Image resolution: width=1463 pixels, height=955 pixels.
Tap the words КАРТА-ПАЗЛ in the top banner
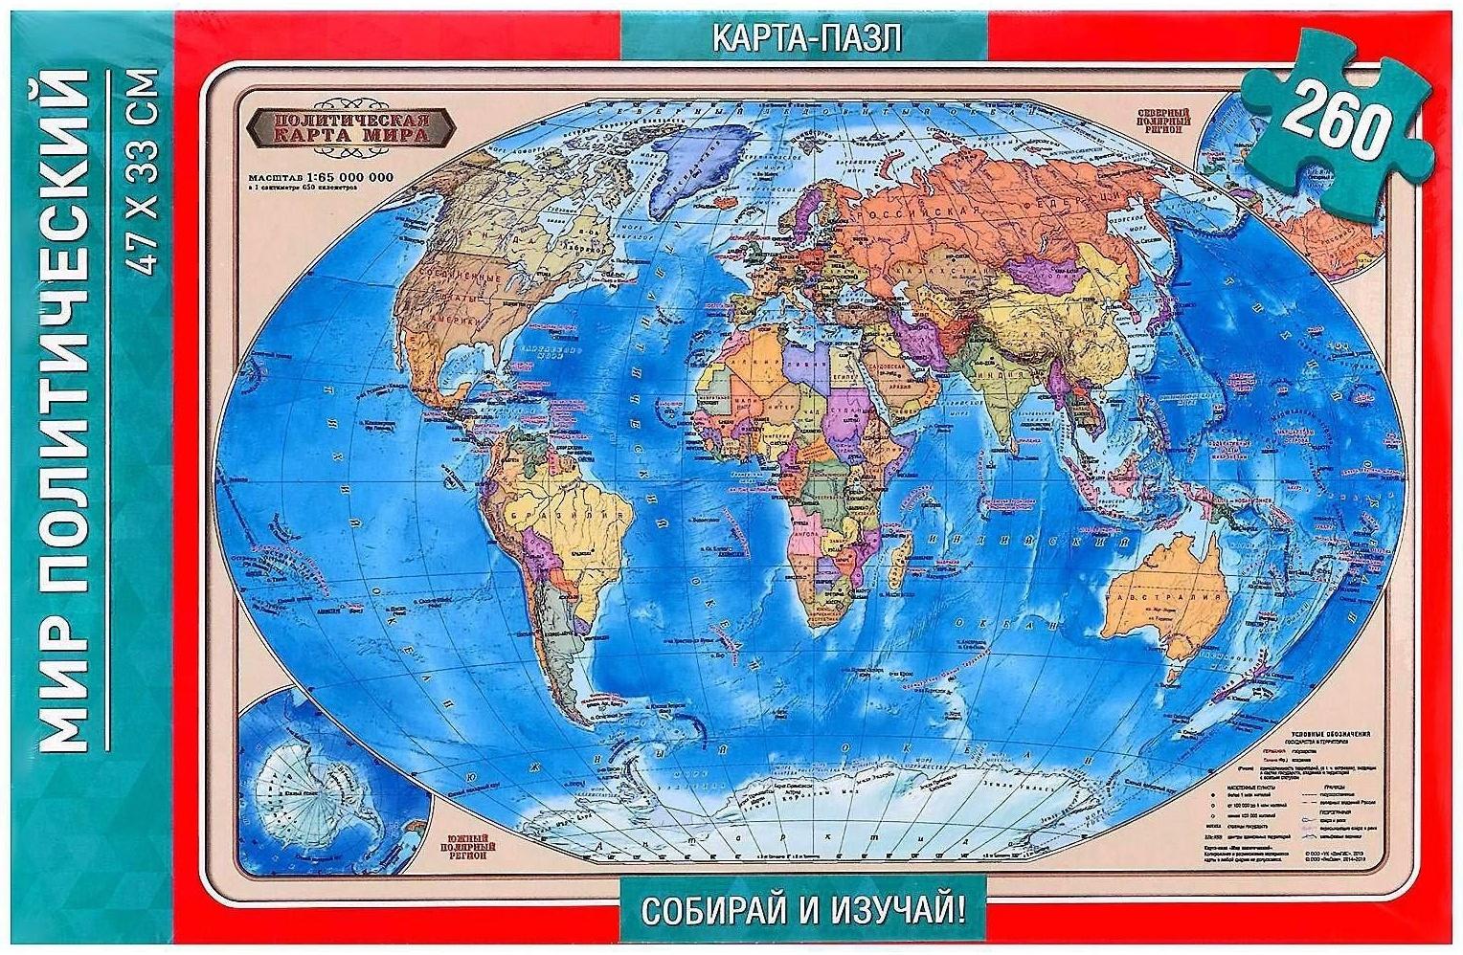(806, 38)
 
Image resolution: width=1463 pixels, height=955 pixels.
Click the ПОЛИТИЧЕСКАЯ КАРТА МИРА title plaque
(352, 127)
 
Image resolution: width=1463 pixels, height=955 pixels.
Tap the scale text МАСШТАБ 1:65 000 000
(321, 178)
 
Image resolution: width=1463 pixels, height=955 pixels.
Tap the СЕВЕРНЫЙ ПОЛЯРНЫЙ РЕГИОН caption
(1166, 118)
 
